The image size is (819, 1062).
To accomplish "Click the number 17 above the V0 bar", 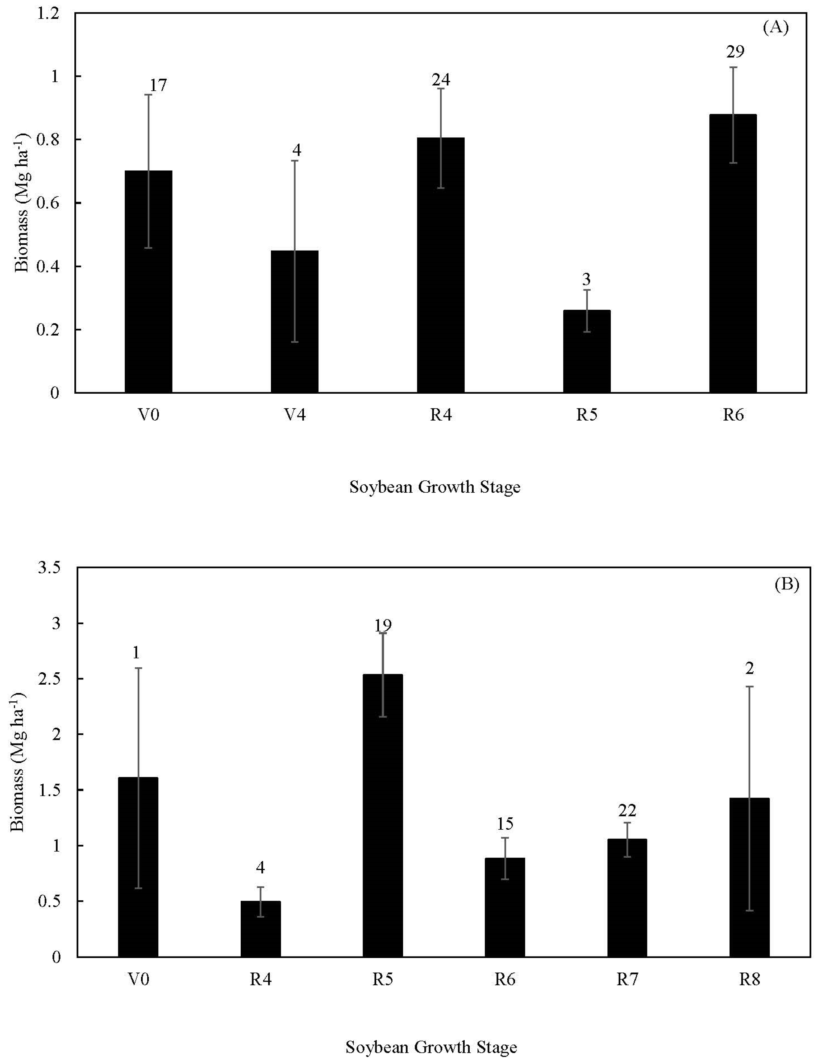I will click(158, 85).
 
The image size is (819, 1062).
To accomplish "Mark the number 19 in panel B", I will click(383, 625).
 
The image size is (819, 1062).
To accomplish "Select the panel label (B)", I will click(786, 584).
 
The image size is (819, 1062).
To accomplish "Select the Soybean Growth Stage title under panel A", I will click(434, 487).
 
